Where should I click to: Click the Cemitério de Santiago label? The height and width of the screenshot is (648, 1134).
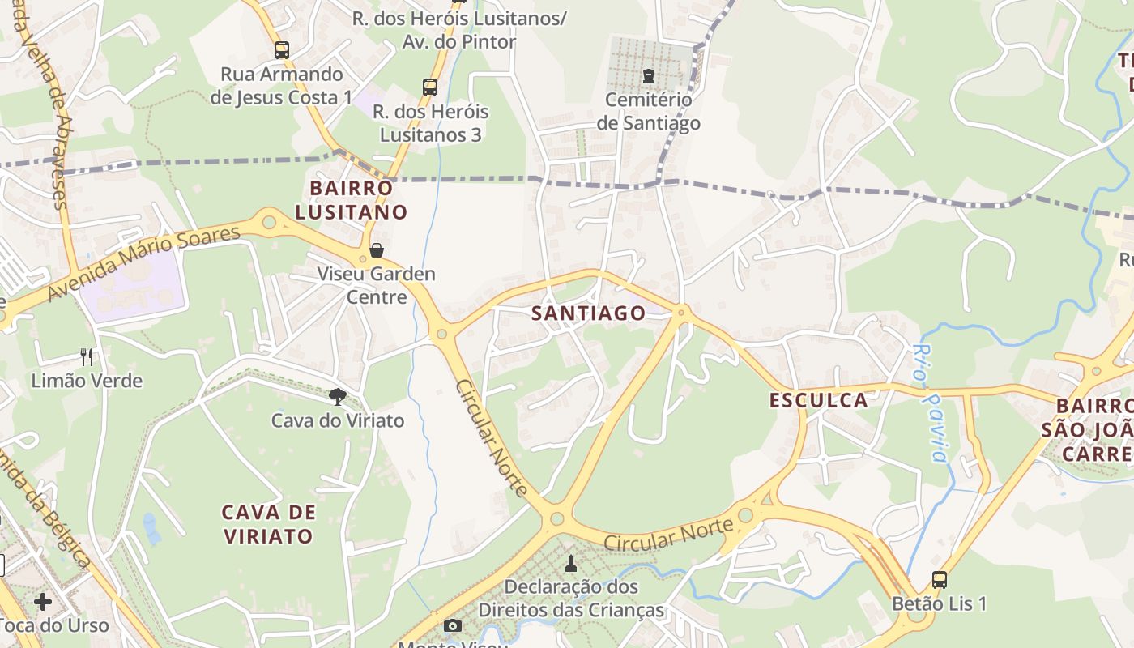pyautogui.click(x=648, y=112)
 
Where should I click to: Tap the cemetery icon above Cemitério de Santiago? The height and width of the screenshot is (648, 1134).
pyautogui.click(x=648, y=76)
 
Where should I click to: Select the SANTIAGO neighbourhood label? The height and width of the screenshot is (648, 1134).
pyautogui.click(x=589, y=313)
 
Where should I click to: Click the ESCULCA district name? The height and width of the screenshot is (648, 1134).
pyautogui.click(x=818, y=400)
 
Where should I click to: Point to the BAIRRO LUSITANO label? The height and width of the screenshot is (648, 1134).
pyautogui.click(x=351, y=200)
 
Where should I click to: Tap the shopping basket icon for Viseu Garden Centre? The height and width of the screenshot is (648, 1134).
pyautogui.click(x=376, y=250)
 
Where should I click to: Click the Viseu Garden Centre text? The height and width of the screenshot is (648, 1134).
pyautogui.click(x=376, y=285)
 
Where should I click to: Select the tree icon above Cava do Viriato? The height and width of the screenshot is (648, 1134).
pyautogui.click(x=337, y=396)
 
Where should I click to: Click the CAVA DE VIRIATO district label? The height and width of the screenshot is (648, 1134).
pyautogui.click(x=267, y=524)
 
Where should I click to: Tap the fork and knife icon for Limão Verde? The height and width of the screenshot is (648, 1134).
pyautogui.click(x=87, y=356)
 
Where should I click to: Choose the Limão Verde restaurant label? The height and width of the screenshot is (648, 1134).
pyautogui.click(x=87, y=381)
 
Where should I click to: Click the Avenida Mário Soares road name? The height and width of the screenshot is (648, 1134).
pyautogui.click(x=144, y=263)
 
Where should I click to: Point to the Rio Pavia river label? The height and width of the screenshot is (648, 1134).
pyautogui.click(x=928, y=403)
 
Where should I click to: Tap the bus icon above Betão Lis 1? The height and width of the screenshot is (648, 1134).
pyautogui.click(x=939, y=580)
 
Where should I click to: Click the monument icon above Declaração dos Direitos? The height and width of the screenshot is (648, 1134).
pyautogui.click(x=571, y=563)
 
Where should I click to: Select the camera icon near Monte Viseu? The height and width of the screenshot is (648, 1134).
pyautogui.click(x=453, y=625)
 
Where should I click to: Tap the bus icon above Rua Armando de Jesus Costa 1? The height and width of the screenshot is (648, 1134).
pyautogui.click(x=281, y=50)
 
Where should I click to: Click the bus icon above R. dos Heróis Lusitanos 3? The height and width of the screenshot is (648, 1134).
pyautogui.click(x=430, y=87)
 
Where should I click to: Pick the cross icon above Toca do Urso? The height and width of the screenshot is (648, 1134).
pyautogui.click(x=43, y=602)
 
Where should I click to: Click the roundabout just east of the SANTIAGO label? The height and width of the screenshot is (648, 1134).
pyautogui.click(x=681, y=311)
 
